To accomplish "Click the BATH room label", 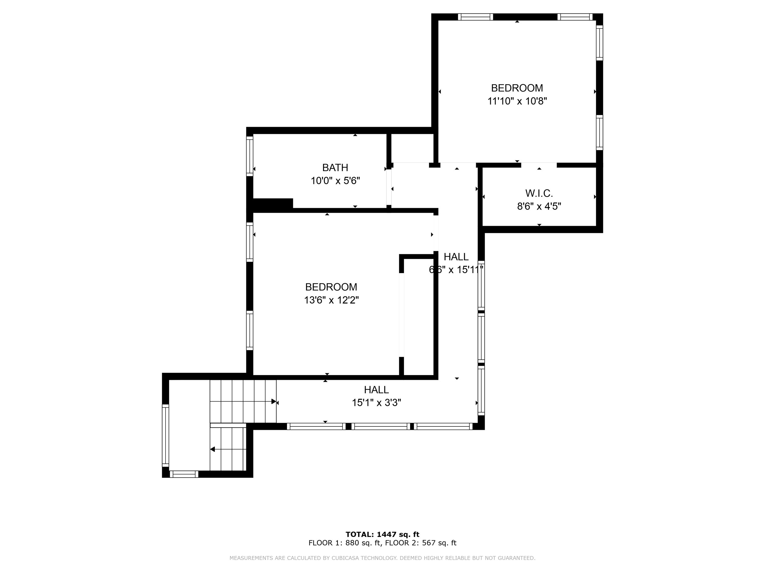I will coord(335,167).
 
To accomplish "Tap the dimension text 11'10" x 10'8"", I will coord(517,101).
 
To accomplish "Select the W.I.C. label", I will coord(539,193).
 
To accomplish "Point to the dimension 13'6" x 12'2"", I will coord(331,300).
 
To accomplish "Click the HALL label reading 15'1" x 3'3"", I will coord(376,390).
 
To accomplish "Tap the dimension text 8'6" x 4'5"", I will coord(539,206).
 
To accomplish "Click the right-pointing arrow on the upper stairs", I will coord(274,401).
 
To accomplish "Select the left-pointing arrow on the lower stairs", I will coord(213,449).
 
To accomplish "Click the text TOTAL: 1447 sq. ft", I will coord(382,534).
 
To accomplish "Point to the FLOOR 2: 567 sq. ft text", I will coord(420,543).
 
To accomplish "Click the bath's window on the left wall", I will coord(249,156).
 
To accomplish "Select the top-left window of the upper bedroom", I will coord(475,17).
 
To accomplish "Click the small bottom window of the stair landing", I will coord(184,474).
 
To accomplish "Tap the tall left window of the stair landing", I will coord(165,436).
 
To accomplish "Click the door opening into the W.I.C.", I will coord(539,165).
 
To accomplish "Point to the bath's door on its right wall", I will coord(389,187).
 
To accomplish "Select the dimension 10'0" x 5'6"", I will coord(335,181).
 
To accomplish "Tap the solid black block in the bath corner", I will coord(273,204).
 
